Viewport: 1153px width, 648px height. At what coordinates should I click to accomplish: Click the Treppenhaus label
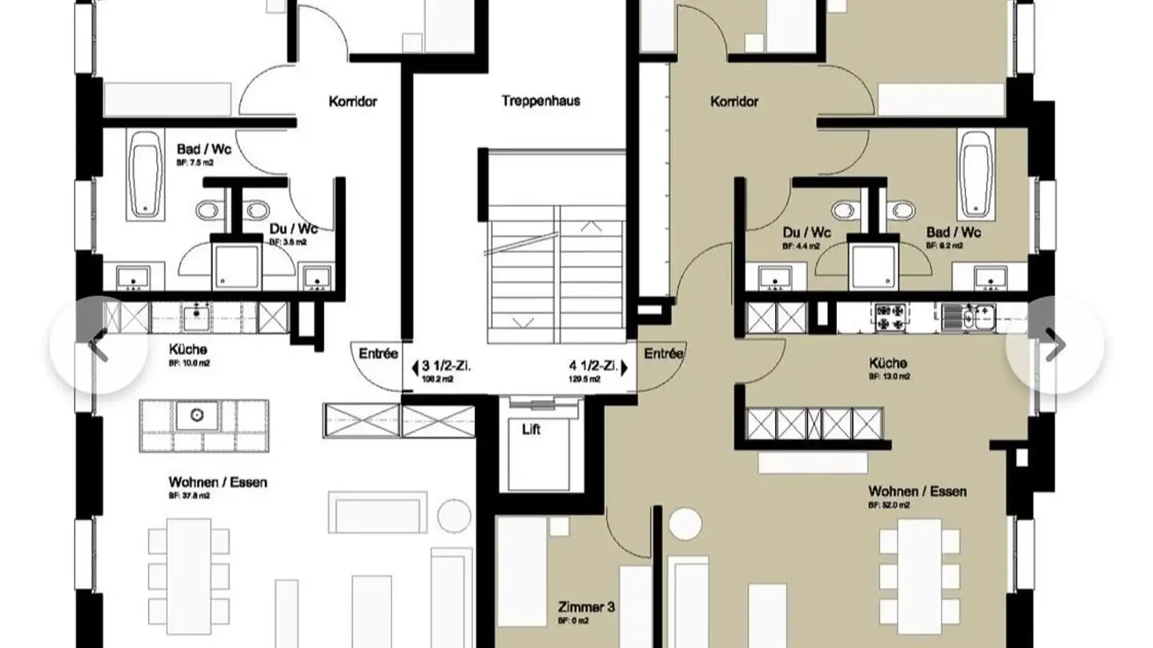click(x=540, y=102)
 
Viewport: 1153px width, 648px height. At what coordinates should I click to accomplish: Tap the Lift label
click(x=530, y=430)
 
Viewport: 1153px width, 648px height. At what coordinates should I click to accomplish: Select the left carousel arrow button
click(x=98, y=345)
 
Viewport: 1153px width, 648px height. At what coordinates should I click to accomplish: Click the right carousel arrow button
click(x=1055, y=345)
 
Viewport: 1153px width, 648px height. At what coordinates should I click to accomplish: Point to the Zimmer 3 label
click(x=587, y=608)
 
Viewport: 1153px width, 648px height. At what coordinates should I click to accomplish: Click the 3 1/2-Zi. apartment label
click(x=445, y=367)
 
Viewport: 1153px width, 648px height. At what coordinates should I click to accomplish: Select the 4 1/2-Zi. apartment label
click(x=593, y=367)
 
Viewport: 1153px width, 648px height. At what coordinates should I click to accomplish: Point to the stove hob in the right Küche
click(x=890, y=317)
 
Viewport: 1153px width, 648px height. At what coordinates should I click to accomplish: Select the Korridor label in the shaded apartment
click(x=734, y=102)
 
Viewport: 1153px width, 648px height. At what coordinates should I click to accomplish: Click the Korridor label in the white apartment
click(x=352, y=102)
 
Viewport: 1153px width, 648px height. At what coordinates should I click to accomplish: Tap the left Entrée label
click(x=378, y=354)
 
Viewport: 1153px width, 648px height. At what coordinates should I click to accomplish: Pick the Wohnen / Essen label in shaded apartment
click(x=917, y=491)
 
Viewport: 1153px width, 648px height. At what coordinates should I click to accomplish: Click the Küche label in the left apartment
click(x=187, y=350)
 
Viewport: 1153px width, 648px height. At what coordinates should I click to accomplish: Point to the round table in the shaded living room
click(x=685, y=524)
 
